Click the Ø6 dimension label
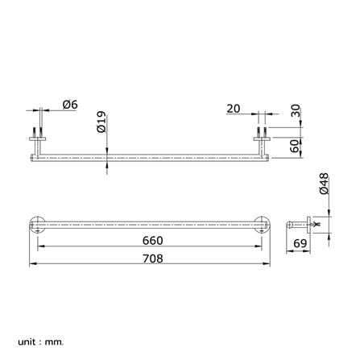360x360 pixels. (70, 105)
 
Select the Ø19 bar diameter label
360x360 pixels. (101, 122)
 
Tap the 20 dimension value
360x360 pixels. (234, 109)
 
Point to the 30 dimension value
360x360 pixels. (296, 110)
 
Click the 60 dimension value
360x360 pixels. (295, 146)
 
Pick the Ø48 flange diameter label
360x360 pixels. (324, 184)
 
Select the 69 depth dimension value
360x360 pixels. (300, 243)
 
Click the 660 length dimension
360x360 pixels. (152, 241)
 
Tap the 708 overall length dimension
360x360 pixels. (152, 259)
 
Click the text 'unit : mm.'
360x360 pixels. (41, 342)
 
